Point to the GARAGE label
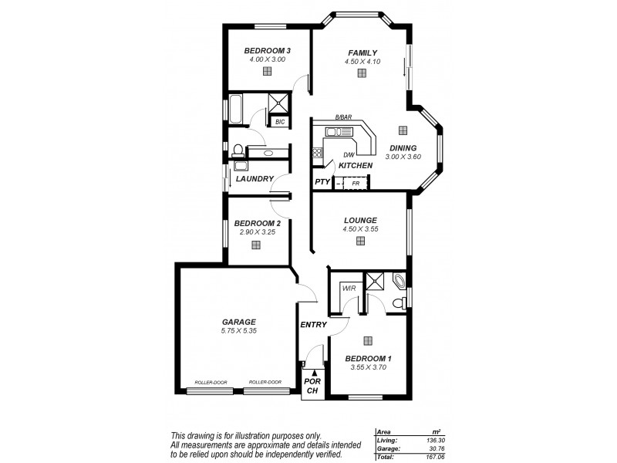(x=238, y=322)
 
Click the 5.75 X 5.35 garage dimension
(x=238, y=331)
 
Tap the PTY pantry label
(x=322, y=182)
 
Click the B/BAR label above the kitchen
(x=343, y=117)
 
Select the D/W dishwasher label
(x=349, y=156)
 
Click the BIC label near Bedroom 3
(x=278, y=121)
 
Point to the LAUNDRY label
(x=255, y=179)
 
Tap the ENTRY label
(x=313, y=324)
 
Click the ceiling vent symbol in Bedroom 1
(x=368, y=340)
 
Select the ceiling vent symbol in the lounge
(x=360, y=241)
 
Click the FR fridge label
(x=356, y=183)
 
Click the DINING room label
(x=403, y=148)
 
